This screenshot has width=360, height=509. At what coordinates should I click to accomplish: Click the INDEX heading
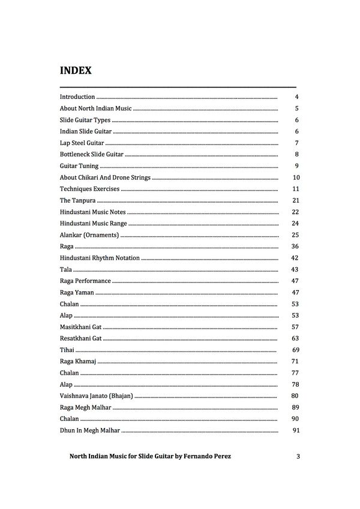[76, 71]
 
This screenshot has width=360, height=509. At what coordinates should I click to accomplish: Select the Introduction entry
[77, 97]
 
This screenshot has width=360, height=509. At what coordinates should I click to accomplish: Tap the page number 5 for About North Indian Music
[297, 109]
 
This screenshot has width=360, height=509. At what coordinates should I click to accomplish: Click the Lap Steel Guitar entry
[82, 143]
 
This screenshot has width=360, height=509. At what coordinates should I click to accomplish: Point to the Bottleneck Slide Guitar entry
[91, 155]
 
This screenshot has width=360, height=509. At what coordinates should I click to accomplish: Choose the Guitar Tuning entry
[79, 166]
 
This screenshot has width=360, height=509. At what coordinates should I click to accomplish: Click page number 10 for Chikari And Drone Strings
[296, 177]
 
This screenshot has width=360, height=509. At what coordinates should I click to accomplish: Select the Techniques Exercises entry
[90, 189]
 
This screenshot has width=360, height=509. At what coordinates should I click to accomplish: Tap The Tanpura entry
[77, 200]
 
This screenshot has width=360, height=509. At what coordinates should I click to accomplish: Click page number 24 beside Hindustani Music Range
[295, 224]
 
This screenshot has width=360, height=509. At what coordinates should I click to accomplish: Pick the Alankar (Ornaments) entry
[89, 235]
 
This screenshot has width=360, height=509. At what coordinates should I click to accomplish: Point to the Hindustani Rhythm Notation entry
[100, 258]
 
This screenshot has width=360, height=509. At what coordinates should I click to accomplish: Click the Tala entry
[66, 270]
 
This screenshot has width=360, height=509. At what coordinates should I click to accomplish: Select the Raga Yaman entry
[77, 293]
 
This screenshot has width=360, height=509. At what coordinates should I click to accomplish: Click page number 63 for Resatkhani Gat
[295, 339]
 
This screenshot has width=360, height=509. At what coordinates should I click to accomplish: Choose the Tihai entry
[67, 350]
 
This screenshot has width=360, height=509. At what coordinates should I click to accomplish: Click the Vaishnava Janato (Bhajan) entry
[96, 396]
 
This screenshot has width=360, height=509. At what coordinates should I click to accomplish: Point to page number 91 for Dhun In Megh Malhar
[295, 430]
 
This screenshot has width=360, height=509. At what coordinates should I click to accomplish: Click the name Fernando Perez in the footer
[206, 457]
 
